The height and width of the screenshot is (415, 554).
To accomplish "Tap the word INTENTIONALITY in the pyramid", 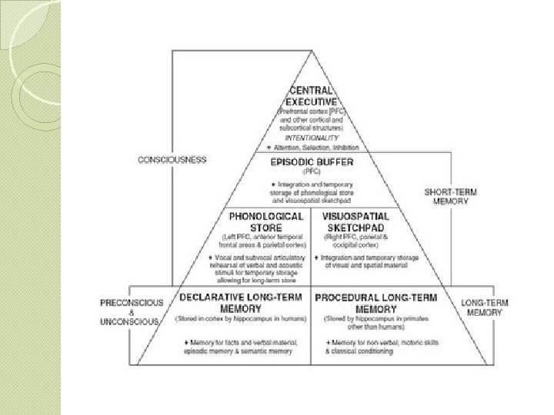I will [x=311, y=137].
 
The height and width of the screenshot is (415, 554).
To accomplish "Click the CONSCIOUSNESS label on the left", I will [x=172, y=160].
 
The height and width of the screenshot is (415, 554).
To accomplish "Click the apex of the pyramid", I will [x=311, y=51].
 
